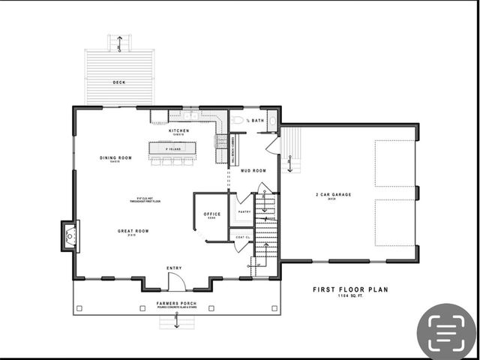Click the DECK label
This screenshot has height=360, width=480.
119,82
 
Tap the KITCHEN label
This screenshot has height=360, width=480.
178,130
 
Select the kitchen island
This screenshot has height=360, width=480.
175,149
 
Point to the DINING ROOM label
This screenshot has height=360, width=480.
115,157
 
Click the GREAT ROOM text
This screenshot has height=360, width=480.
133,231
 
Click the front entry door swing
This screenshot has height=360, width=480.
175,282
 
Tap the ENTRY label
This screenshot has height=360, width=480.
174,267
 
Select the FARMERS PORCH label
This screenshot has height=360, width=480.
176,304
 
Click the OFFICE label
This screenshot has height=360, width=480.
212,214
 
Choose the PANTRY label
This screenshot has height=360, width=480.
244,211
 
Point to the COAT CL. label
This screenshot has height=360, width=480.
242,238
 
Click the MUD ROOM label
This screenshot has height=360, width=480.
253,170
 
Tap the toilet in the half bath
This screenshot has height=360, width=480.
238,120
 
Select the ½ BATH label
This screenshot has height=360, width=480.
256,120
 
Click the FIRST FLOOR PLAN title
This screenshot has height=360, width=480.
350,289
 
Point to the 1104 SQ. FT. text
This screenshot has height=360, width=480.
350,297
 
